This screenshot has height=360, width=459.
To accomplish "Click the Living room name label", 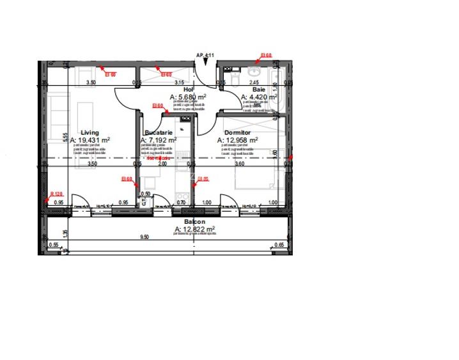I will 90,132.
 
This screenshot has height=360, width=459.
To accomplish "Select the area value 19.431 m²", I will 91,139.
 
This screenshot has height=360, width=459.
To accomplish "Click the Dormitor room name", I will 238,132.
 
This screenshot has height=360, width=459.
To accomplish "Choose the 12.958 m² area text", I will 238,139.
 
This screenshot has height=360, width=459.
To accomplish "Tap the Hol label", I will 188,90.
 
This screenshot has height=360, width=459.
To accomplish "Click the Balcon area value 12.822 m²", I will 194,229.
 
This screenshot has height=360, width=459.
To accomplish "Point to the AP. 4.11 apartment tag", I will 205,56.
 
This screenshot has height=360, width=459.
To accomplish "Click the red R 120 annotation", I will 56,194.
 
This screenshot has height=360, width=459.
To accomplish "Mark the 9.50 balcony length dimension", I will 144,237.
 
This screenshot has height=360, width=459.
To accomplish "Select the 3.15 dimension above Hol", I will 179,82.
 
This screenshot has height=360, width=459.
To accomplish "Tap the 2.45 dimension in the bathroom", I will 254,82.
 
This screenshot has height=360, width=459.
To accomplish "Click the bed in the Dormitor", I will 259,176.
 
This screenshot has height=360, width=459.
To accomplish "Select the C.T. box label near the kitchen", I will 144,200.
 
